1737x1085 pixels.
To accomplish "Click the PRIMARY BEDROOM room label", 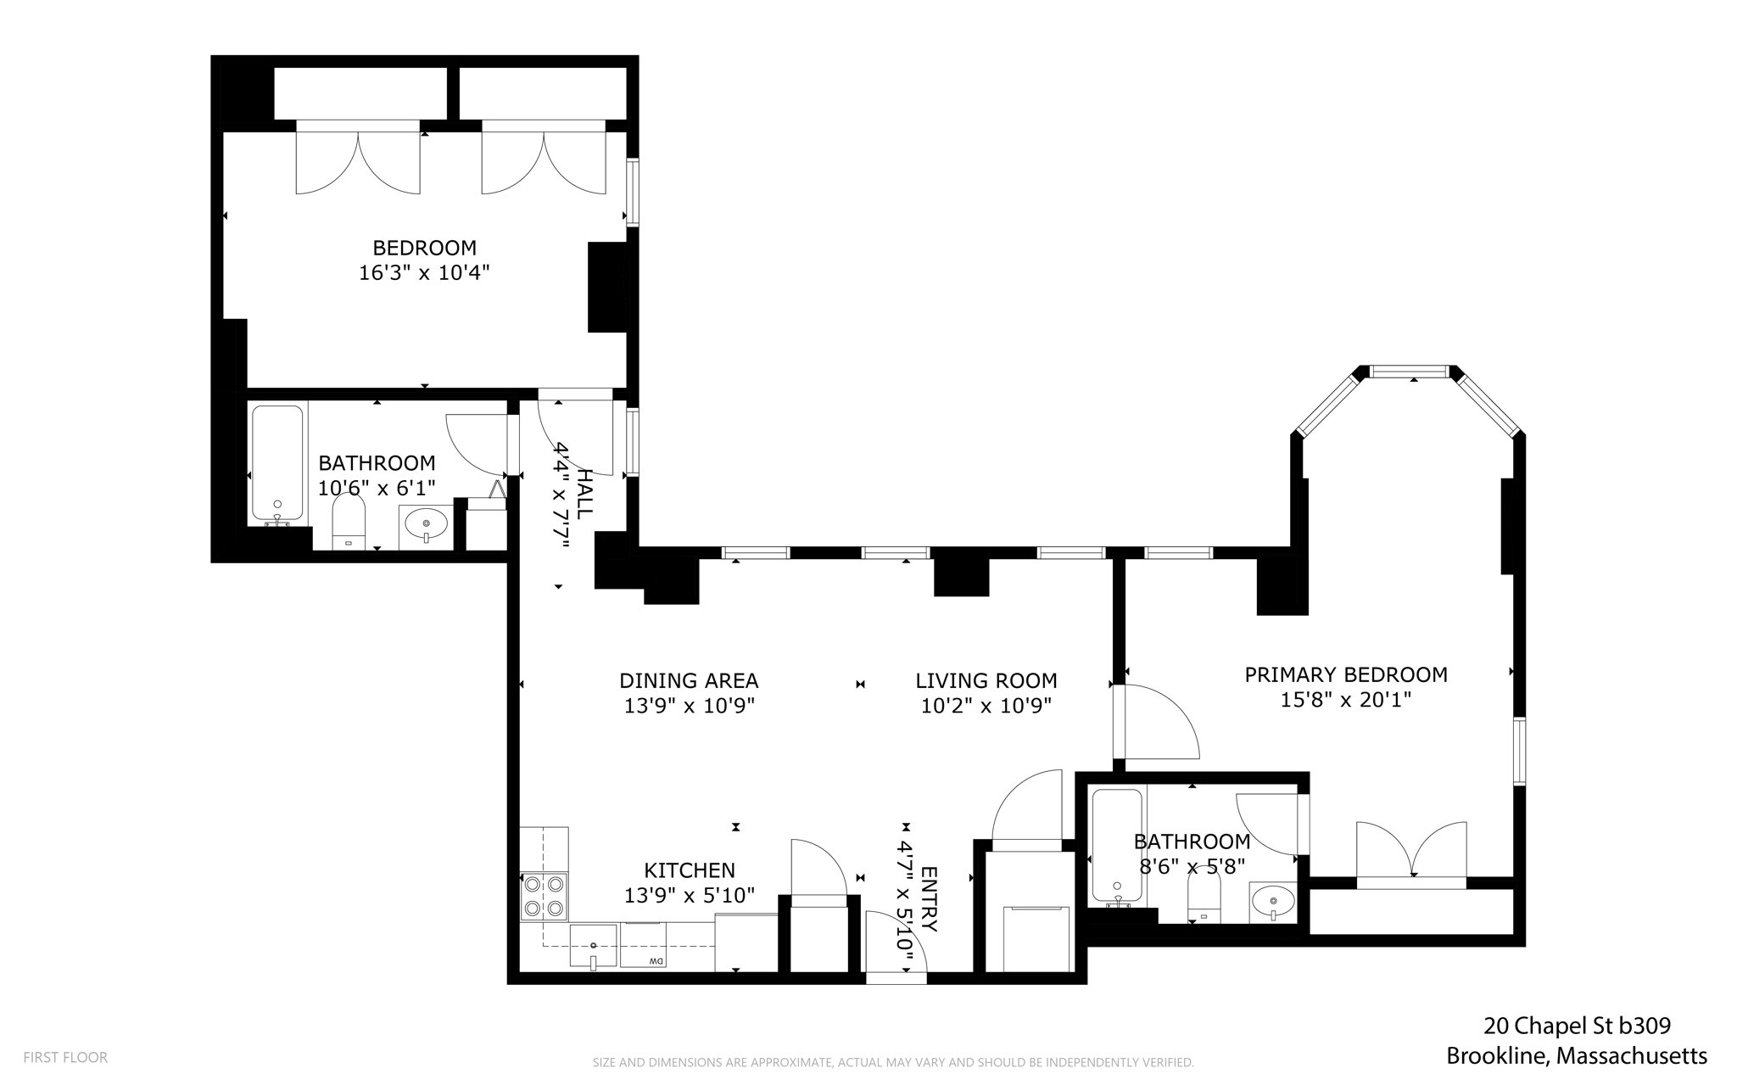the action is click(1345, 675).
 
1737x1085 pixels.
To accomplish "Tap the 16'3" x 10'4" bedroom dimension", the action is click(424, 273).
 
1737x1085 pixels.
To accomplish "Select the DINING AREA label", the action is click(689, 681).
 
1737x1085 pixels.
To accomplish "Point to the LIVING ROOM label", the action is click(986, 681).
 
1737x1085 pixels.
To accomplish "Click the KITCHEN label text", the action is click(690, 870).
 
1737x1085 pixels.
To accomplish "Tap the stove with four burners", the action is click(544, 897).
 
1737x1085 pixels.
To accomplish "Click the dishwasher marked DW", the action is click(643, 945).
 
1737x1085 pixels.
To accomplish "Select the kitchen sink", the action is click(594, 947).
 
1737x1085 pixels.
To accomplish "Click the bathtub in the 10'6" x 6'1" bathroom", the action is click(277, 464).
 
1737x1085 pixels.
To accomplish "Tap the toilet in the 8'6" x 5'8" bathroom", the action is click(1204, 898).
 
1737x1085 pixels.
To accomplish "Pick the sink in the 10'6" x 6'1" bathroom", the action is click(426, 524).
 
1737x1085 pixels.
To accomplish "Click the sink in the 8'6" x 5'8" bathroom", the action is click(1272, 902).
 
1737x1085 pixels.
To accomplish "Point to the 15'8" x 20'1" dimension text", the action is click(1346, 701).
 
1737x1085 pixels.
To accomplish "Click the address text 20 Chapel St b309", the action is click(1577, 1026).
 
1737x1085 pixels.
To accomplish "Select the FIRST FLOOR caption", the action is click(65, 1058).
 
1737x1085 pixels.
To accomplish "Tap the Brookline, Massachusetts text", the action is click(1577, 1056).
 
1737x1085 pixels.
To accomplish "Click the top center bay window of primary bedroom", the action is click(1410, 372).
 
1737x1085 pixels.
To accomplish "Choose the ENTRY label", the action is click(929, 899).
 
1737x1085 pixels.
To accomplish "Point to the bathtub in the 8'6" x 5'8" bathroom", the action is click(1118, 846).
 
